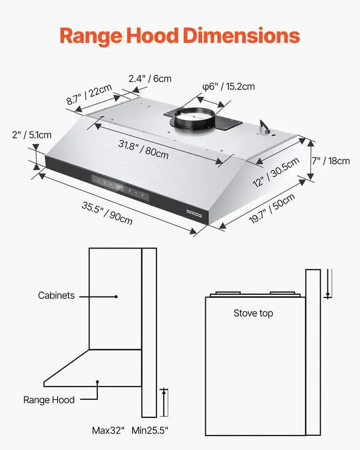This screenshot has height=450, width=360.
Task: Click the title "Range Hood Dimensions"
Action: (179, 36)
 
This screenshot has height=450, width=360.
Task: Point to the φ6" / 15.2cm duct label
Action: (229, 87)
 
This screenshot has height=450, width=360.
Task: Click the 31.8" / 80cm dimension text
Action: (143, 148)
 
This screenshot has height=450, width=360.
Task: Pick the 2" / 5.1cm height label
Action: (31, 135)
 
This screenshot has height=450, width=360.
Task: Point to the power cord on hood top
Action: (264, 125)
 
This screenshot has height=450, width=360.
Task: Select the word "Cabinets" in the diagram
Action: (56, 295)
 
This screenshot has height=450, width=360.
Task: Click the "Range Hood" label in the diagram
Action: (49, 400)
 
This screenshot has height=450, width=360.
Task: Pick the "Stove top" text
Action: (253, 313)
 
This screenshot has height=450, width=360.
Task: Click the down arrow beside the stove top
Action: (327, 291)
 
